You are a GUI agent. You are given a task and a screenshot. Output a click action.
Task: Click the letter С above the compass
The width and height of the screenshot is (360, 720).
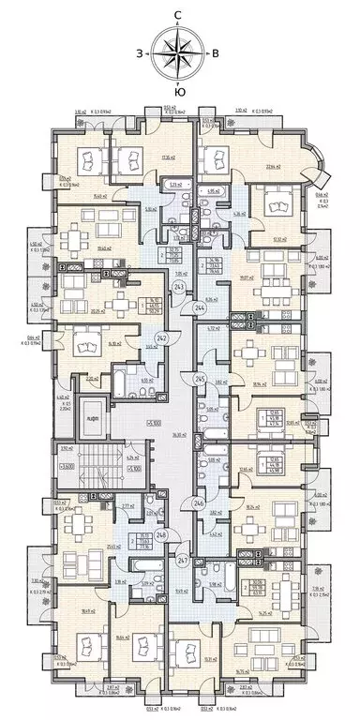pos(179,14)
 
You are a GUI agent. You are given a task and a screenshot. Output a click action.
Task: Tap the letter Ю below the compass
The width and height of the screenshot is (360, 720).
pos(179,93)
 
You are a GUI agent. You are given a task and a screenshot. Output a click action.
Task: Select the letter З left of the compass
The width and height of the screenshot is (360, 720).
pos(139,53)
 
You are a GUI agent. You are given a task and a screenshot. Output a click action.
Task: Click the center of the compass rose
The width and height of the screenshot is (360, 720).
pos(178,53)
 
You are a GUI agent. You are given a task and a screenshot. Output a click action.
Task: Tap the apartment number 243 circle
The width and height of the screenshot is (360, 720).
pos(179,287)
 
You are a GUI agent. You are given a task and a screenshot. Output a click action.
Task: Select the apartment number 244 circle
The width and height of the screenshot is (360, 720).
pos(199,307)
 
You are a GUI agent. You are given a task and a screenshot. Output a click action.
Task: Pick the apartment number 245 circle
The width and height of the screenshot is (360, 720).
pos(199,379)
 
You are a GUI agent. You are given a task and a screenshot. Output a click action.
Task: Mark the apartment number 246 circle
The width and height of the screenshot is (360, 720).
pos(199,502)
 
